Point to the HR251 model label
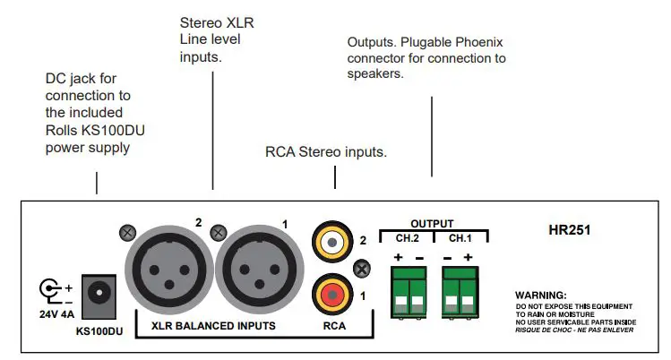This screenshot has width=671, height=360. point(569,230)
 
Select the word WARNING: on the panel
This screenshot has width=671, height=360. point(541,295)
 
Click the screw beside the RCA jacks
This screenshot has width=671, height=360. point(362,267)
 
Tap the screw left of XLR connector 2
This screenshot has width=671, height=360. point(126,233)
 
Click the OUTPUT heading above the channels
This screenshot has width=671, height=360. point(432,223)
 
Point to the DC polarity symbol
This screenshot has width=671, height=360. point(52,289)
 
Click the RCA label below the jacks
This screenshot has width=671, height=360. point(333,325)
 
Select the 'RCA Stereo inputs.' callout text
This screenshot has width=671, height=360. point(326,152)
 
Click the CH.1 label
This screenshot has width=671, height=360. point(460,237)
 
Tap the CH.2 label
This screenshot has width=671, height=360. point(408,237)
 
